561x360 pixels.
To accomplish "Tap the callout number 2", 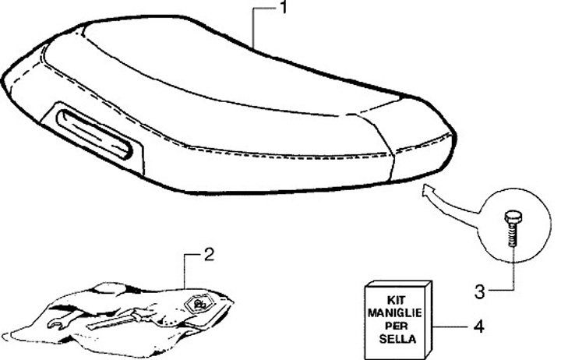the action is point(208,254).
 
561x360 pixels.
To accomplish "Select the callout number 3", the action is point(480,292).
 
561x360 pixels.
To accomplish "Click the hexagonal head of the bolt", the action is point(512,215).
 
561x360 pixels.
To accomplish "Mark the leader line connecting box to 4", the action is point(452,326).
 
